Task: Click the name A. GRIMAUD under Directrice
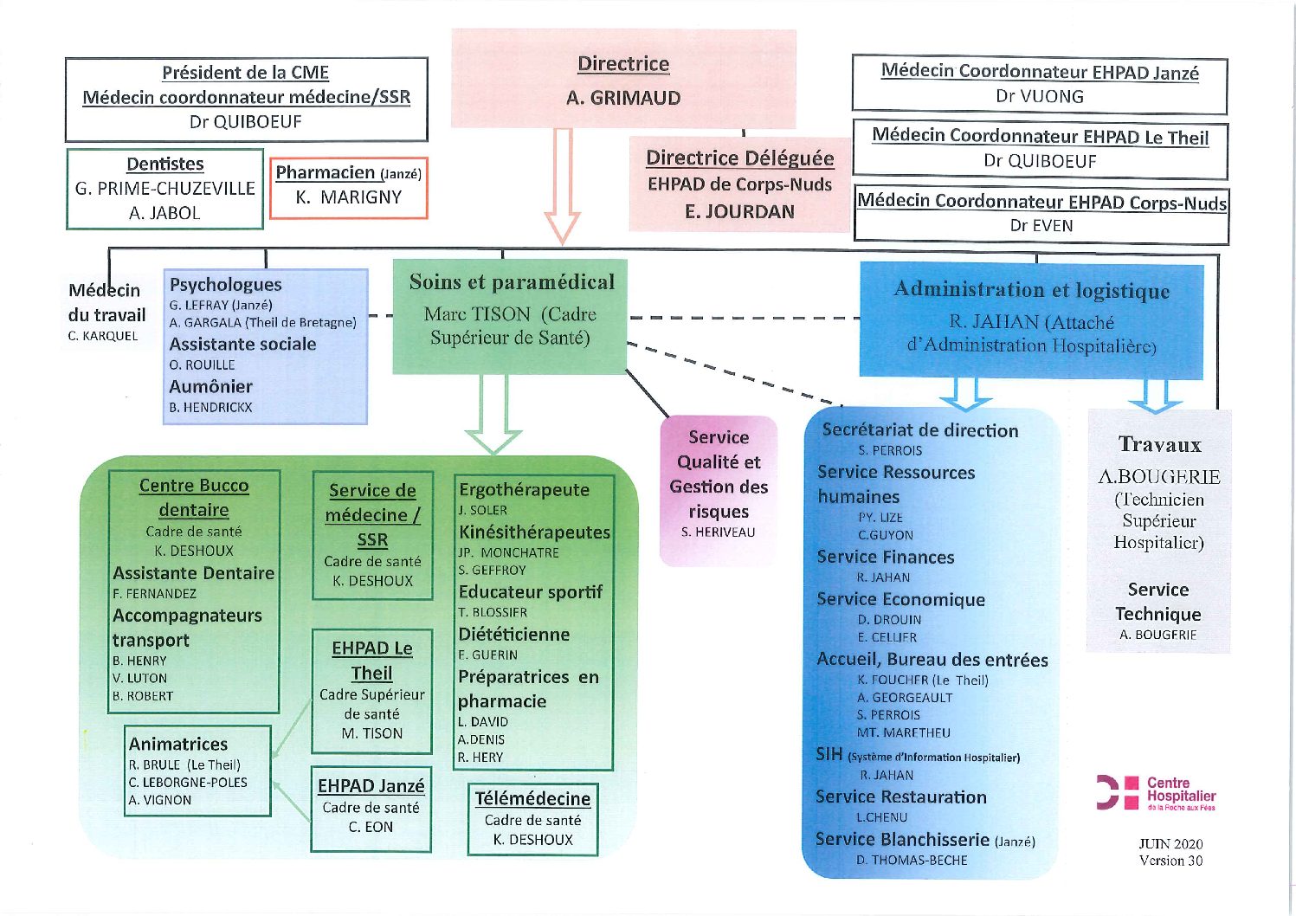[623, 98]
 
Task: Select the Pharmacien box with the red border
[348, 188]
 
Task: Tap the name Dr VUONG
[1039, 96]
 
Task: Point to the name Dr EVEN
[1041, 225]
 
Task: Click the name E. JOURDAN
[739, 212]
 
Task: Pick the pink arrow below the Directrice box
[563, 185]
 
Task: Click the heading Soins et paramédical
[512, 281]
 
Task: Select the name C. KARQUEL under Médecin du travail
[103, 336]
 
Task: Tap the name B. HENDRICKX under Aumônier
[210, 408]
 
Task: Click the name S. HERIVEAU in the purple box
[718, 532]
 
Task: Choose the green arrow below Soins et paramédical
[493, 415]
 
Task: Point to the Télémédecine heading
[532, 798]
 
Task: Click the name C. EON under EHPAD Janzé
[371, 827]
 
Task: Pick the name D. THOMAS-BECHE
[912, 861]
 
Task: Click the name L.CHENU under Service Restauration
[881, 817]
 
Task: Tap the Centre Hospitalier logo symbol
[1117, 793]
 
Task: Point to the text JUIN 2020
[1171, 843]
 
